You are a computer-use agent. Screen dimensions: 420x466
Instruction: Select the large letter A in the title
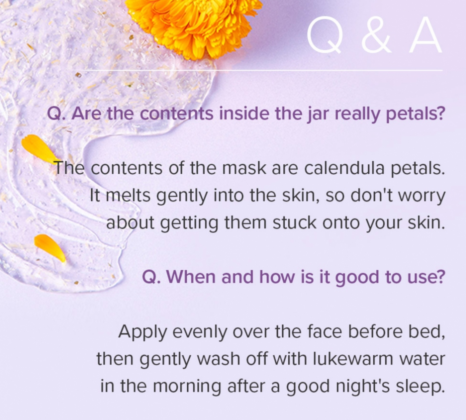tap(425, 35)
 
